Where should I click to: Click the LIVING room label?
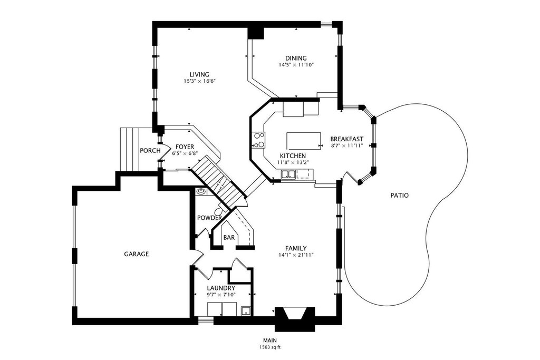[x=199, y=74]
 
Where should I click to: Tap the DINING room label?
[x=296, y=58]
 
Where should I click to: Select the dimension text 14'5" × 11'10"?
[x=296, y=65]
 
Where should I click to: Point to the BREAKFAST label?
[x=347, y=139]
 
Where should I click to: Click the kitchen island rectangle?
[x=304, y=141]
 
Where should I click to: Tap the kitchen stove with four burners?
[x=258, y=140]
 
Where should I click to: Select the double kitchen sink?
[x=288, y=175]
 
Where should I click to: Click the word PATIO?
[x=400, y=196]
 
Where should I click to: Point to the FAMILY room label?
[x=296, y=248]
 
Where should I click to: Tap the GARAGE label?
[x=137, y=254]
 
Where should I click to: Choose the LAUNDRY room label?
[x=221, y=288]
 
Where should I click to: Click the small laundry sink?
[x=246, y=311]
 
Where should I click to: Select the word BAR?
[x=229, y=238]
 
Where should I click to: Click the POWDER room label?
[x=209, y=218]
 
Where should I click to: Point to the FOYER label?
[x=185, y=147]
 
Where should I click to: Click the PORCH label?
[x=150, y=150]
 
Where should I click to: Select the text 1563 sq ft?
[x=270, y=347]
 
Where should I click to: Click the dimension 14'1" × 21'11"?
[x=296, y=255]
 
